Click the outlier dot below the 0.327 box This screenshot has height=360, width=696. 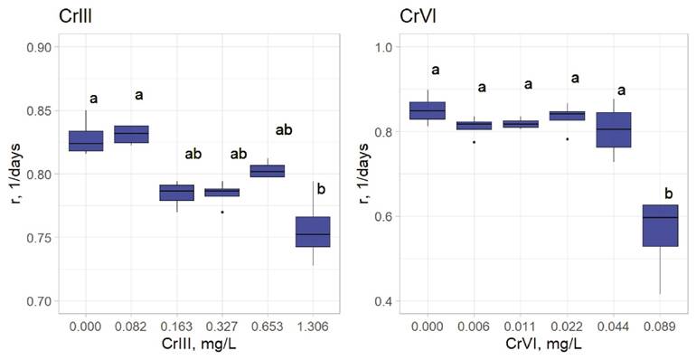click(x=221, y=212)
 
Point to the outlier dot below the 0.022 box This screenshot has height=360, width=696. click(x=568, y=139)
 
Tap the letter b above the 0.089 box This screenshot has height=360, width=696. click(x=668, y=193)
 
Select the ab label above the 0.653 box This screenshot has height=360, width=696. click(x=283, y=130)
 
